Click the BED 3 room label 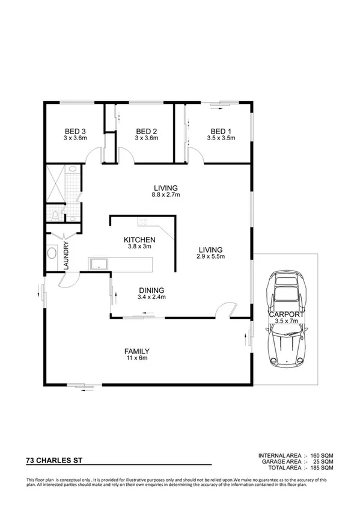76,131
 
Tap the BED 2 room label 147,131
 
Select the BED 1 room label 221,131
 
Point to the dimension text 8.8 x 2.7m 166,195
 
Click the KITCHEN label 139,240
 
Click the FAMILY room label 136,351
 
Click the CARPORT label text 287,314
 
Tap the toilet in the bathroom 55,214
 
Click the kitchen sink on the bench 97,263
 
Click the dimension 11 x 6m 136,358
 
